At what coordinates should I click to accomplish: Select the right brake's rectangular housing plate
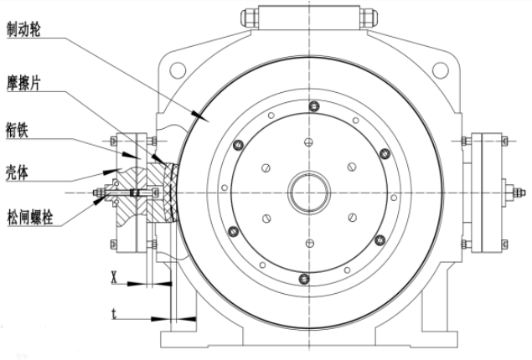488,190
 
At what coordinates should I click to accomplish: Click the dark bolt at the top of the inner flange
313,105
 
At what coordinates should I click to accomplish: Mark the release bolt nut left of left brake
100,193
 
